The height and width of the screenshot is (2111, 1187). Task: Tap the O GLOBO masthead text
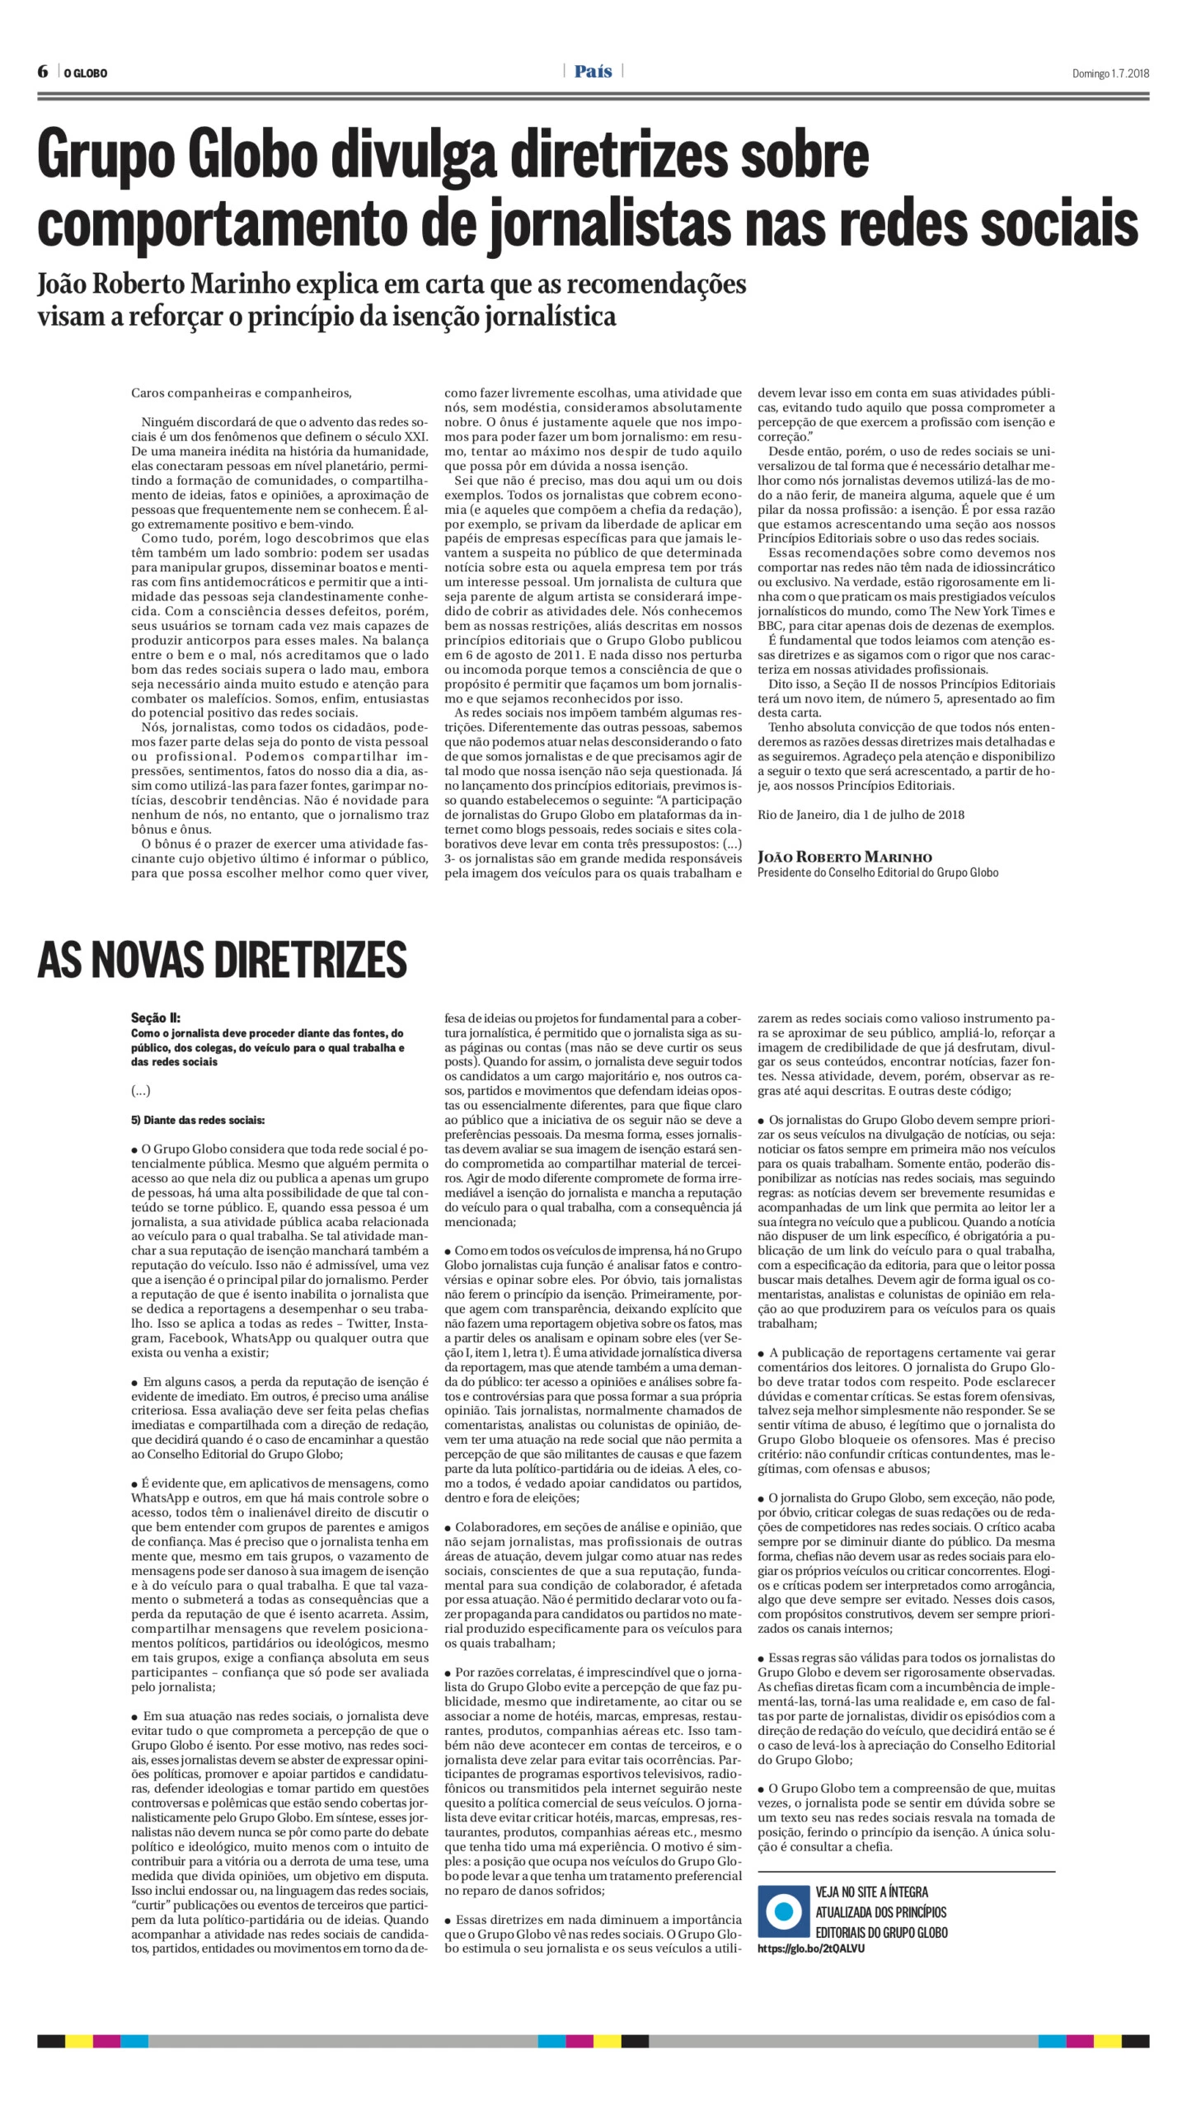(x=86, y=73)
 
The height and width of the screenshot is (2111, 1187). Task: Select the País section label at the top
(x=593, y=72)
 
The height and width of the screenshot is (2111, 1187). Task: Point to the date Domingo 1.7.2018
(x=1110, y=73)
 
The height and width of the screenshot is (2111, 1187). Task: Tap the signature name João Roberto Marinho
(x=844, y=857)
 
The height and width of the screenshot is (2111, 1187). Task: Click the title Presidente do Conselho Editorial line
(x=877, y=872)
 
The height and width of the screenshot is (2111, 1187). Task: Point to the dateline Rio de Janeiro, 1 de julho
(x=861, y=814)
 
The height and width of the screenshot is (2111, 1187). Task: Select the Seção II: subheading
(x=155, y=1018)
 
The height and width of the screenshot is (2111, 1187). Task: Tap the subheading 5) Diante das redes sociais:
(x=198, y=1120)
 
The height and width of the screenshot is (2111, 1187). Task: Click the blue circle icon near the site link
(x=783, y=1911)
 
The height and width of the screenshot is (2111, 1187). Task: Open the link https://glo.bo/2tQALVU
(x=810, y=1948)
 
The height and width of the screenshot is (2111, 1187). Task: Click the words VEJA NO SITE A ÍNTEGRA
(x=871, y=1892)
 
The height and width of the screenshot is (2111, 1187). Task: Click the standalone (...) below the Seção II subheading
(x=141, y=1090)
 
